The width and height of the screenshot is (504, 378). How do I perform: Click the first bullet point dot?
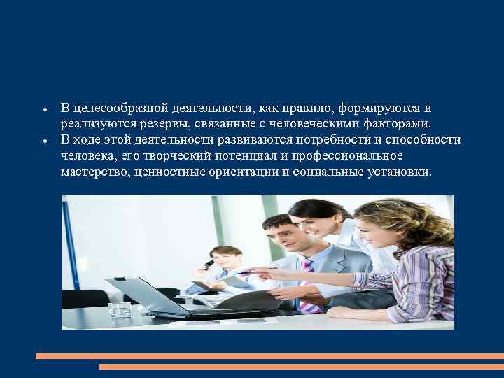(44, 110)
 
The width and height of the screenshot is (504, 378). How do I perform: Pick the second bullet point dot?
(44, 141)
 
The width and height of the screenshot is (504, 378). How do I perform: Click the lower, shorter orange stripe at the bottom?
(301, 366)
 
